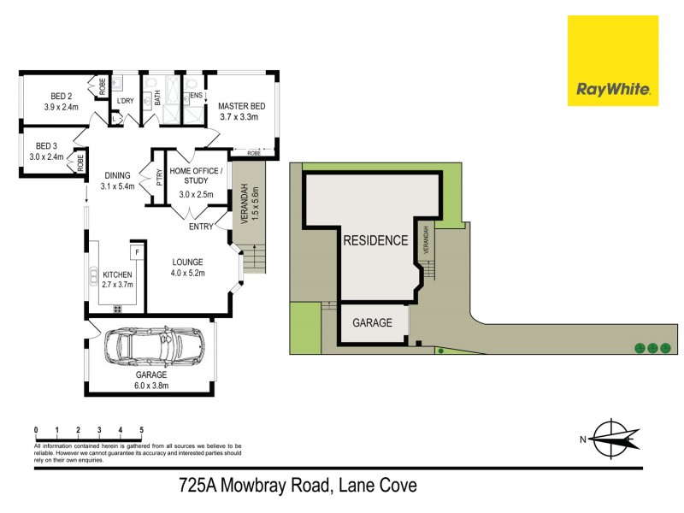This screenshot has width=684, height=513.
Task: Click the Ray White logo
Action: pos(613,61)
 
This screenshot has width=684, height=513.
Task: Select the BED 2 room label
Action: pos(61,102)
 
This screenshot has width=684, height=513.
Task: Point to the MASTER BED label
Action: pos(242,111)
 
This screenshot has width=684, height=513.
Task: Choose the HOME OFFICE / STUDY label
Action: pos(196,176)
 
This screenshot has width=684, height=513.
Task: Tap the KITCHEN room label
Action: pos(117,280)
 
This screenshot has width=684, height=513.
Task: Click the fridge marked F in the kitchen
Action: pos(135,254)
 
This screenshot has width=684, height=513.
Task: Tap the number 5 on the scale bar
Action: pos(141,429)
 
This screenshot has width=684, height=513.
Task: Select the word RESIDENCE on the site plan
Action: pos(375,240)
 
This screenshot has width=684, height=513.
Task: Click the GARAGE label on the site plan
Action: pos(373,323)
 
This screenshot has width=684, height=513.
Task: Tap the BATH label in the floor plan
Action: pos(158,100)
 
